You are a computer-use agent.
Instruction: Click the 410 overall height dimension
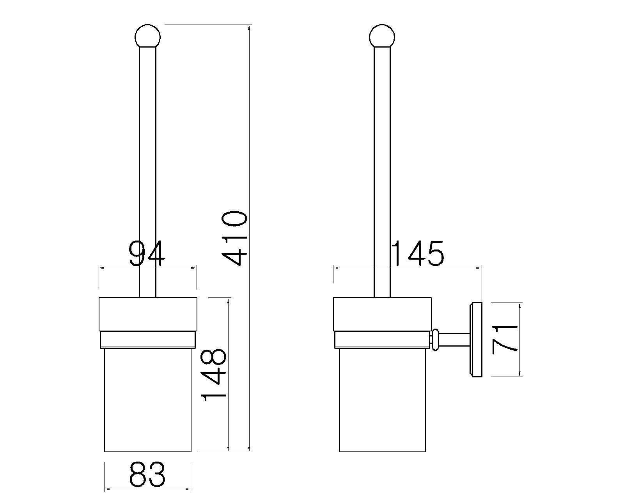[234, 239]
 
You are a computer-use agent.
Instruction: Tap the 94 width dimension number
[147, 253]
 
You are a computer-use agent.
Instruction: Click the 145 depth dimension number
[418, 253]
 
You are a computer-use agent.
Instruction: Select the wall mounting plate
[477, 340]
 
